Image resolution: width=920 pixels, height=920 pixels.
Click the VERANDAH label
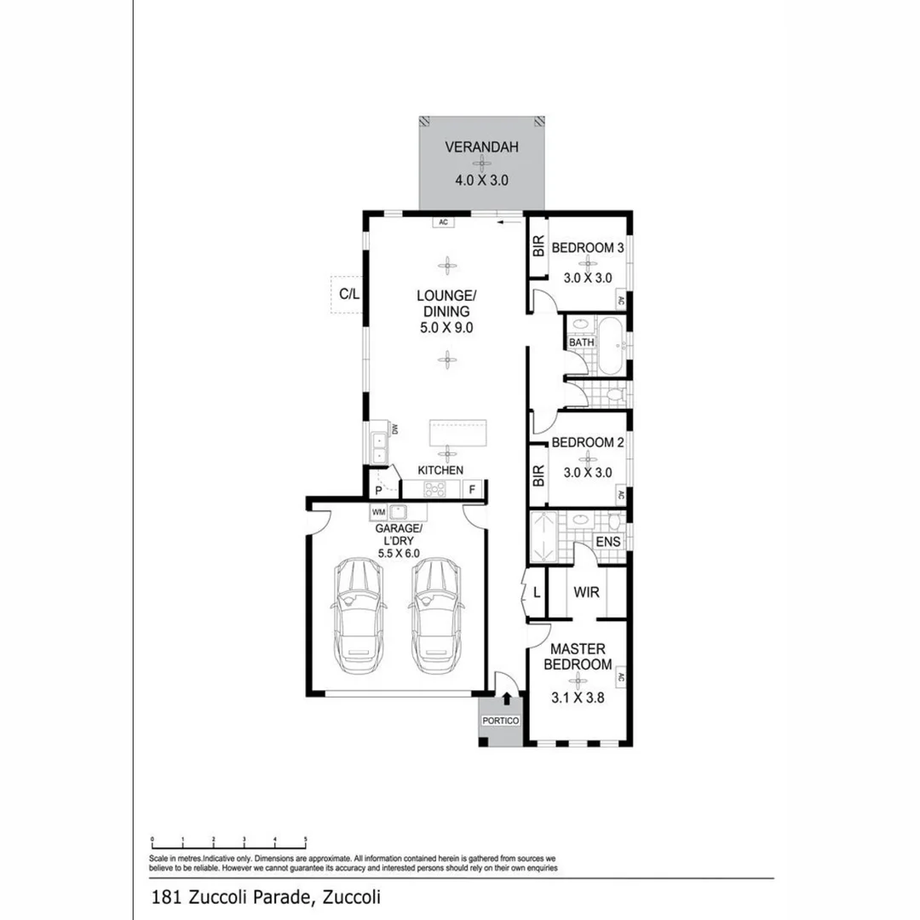click(x=481, y=147)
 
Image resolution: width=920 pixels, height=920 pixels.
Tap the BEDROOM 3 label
click(x=588, y=248)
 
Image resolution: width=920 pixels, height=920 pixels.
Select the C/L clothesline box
click(x=349, y=295)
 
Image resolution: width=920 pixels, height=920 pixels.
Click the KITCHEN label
click(x=440, y=469)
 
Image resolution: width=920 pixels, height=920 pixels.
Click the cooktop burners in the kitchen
click(x=434, y=490)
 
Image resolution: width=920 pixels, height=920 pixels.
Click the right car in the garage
click(x=435, y=615)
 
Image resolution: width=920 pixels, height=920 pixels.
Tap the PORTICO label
click(x=500, y=721)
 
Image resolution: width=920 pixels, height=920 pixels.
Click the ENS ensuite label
click(x=608, y=542)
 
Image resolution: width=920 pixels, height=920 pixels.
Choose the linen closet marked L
click(x=537, y=591)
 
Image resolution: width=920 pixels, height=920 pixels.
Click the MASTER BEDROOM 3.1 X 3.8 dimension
click(x=579, y=703)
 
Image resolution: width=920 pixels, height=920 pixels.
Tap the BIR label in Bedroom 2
click(x=538, y=475)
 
